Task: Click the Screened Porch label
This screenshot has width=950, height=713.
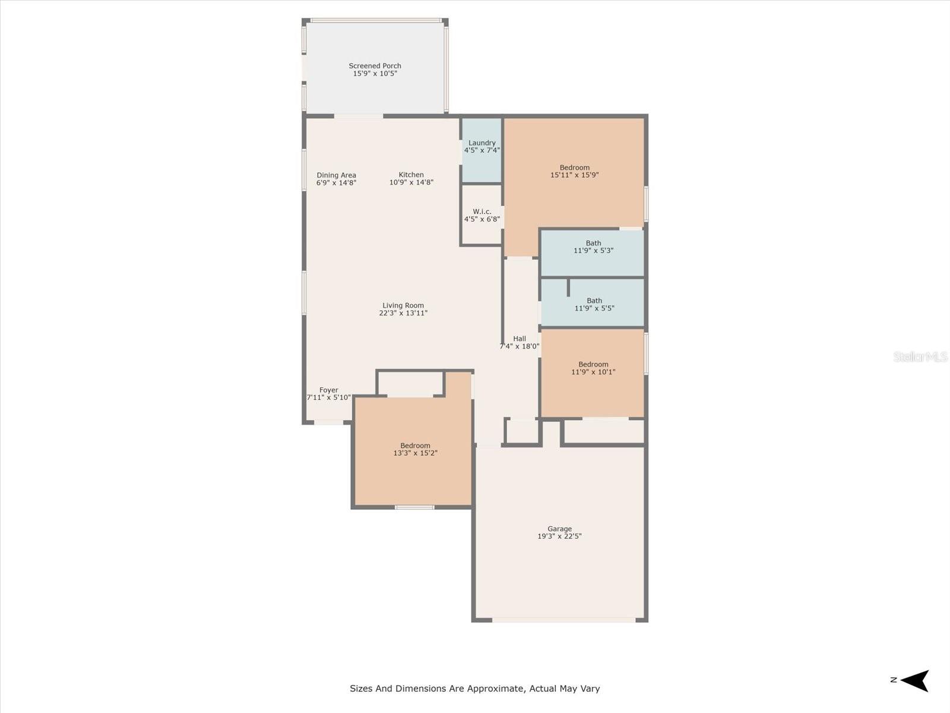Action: [375, 66]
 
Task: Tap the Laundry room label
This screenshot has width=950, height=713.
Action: [482, 143]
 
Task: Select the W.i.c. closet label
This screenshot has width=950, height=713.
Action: [482, 212]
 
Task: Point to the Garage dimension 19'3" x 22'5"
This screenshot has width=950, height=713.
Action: [559, 536]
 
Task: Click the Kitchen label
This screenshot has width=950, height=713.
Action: [411, 175]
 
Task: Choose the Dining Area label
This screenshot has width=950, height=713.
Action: [336, 175]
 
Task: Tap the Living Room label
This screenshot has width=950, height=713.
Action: [403, 305]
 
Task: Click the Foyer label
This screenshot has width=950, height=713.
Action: [328, 390]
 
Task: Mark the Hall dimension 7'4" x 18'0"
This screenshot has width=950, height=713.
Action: [520, 346]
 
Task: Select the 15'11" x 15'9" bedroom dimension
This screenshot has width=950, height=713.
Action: [574, 175]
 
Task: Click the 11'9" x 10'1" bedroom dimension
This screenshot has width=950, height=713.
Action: [593, 372]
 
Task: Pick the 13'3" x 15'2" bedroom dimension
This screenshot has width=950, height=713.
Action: [415, 453]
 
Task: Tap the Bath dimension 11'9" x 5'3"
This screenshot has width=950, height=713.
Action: [593, 251]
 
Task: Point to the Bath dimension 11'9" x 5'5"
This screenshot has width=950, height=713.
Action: [594, 308]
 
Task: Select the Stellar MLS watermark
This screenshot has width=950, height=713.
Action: [920, 356]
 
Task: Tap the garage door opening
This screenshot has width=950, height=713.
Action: [563, 620]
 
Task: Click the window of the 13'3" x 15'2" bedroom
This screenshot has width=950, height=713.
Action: [414, 507]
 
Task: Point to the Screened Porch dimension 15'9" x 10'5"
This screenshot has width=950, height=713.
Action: [375, 74]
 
